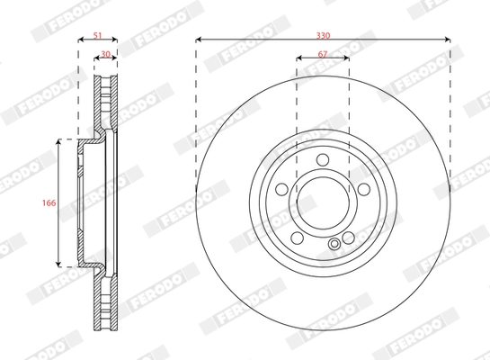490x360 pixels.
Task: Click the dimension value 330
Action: click(x=322, y=32)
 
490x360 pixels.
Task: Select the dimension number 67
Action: click(x=322, y=55)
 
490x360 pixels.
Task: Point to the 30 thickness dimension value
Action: click(x=105, y=55)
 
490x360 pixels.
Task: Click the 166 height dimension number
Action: click(x=51, y=203)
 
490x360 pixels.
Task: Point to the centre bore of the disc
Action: click(x=322, y=203)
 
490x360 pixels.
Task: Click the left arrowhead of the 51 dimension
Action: click(x=80, y=40)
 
